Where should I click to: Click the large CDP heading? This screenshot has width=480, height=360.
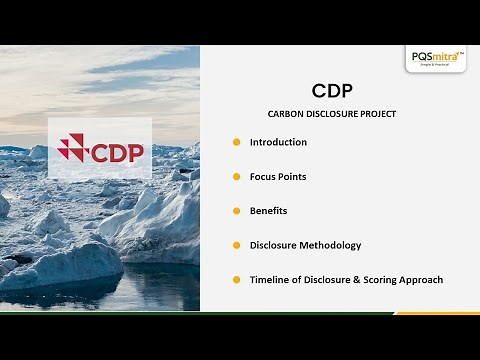coord(332,90)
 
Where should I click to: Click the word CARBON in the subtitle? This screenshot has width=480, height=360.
coord(286,114)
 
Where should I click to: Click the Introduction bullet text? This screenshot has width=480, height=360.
coord(278,142)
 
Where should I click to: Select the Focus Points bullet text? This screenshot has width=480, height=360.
coord(278,177)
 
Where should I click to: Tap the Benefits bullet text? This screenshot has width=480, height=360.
coord(268,211)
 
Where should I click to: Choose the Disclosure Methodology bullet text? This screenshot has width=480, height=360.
coord(305,245)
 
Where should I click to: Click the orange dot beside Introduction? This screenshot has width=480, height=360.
coord(237,142)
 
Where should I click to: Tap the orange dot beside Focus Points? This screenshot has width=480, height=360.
coord(237,177)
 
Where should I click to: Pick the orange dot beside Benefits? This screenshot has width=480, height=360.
coord(237,211)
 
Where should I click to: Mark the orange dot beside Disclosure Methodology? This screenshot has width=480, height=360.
coord(237,245)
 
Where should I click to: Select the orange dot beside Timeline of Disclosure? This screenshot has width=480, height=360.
coord(237,280)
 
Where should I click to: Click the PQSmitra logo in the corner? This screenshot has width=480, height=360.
coord(436,58)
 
